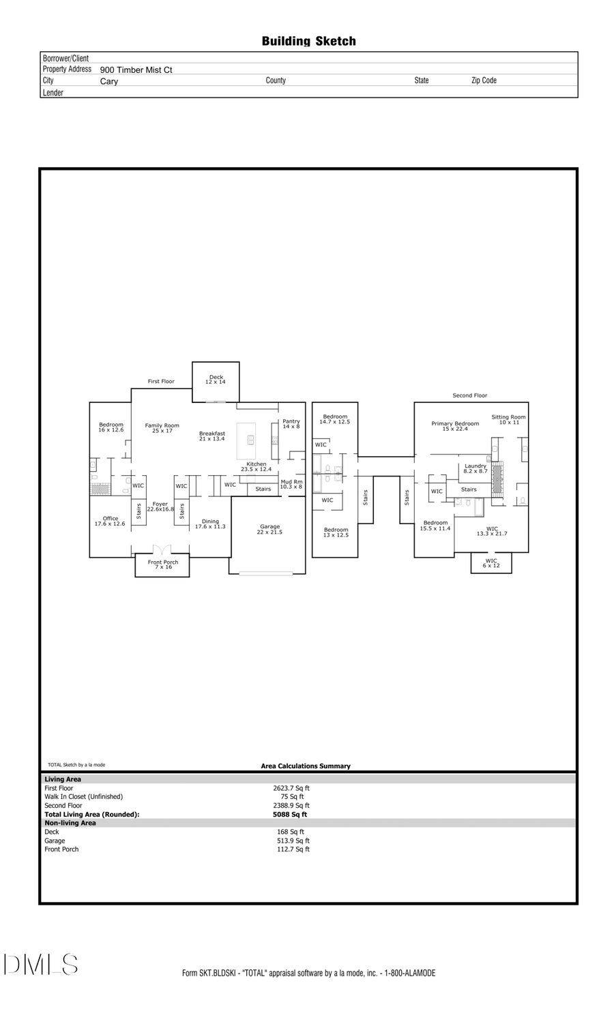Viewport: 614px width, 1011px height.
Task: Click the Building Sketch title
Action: pos(308,42)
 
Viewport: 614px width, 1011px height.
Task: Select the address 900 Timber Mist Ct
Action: pos(136,70)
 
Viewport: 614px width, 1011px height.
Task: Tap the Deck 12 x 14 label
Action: pos(216,380)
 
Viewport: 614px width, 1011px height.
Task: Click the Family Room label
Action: pos(162,428)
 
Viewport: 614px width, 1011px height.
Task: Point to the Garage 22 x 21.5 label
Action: pos(269,529)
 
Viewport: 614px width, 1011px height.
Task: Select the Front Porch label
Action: pos(162,564)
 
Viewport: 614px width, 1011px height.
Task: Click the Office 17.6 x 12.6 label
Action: pos(110,521)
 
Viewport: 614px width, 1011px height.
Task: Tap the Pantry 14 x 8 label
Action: pos(291,423)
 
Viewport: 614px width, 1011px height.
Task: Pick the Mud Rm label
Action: pos(291,484)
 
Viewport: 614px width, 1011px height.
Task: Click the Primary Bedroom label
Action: pos(455,426)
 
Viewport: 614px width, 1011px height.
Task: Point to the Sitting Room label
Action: pos(508,420)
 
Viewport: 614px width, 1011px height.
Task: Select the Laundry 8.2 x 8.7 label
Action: pos(476,468)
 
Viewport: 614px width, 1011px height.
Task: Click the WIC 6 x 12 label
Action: pos(491,563)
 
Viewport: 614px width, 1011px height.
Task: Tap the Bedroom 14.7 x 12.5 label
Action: pos(334,419)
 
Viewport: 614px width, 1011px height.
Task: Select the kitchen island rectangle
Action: pos(246,441)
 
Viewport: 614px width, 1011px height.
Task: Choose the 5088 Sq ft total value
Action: pos(290,814)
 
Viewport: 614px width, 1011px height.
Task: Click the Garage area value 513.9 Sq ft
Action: pos(291,841)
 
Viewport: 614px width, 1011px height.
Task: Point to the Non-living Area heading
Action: pos(70,823)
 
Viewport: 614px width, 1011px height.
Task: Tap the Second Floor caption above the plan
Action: pos(470,395)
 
